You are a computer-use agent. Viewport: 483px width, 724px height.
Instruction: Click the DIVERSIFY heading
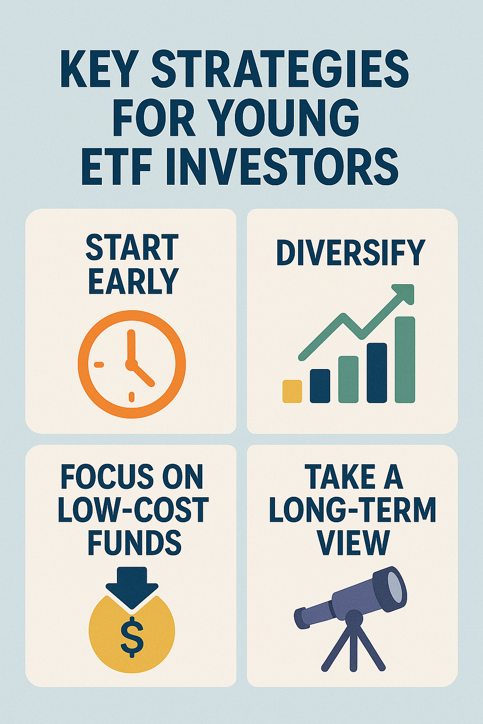[x=350, y=253]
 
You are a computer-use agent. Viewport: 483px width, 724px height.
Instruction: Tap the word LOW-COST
[x=133, y=510]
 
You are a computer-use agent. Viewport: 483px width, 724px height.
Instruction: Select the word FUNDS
[x=134, y=543]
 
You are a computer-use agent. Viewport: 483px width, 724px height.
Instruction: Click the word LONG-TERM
[x=352, y=510]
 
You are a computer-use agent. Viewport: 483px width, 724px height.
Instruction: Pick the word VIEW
[x=353, y=543]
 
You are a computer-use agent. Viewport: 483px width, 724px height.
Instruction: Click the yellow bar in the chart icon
[x=292, y=391]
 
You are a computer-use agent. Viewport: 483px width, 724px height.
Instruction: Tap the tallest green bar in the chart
[x=405, y=360]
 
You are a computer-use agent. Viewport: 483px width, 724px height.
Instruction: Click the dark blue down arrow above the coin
[x=132, y=588]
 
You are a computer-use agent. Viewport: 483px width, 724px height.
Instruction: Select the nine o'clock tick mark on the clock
[x=99, y=364]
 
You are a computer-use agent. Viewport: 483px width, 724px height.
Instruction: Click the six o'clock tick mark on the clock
[x=131, y=397]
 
